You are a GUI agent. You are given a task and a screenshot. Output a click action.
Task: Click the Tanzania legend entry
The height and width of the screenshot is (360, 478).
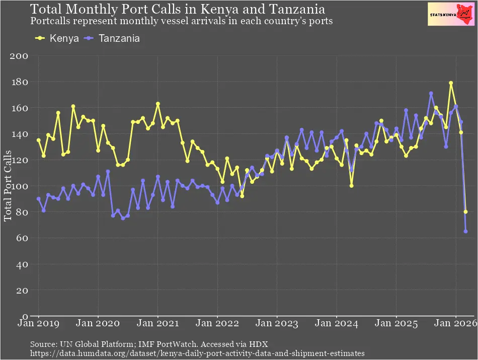pos(112,39)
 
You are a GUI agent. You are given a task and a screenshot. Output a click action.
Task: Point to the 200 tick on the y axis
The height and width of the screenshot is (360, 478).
pos(19,56)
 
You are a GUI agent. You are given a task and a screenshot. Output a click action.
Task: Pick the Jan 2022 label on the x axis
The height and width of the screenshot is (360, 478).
pos(217,325)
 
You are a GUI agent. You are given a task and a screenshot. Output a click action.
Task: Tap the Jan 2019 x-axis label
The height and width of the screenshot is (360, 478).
pos(39,325)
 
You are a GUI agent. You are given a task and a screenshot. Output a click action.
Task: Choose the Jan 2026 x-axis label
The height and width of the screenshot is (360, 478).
pos(456,325)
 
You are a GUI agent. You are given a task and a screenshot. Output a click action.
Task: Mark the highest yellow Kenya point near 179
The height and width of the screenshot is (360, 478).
pos(451,83)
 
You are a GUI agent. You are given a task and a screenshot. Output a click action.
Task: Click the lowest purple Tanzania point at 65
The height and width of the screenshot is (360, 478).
pos(465,232)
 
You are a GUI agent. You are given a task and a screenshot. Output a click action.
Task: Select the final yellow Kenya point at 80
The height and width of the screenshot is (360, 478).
pos(465,212)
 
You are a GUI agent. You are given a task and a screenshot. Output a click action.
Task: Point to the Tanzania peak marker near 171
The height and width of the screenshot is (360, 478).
pos(431,93)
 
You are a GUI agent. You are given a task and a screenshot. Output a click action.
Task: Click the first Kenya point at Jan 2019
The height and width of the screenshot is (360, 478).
pos(39,140)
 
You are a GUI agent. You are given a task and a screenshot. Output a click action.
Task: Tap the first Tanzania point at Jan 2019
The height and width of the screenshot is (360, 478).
pos(39,199)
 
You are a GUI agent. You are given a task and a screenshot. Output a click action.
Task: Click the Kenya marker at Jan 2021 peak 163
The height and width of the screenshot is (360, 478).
pos(158,104)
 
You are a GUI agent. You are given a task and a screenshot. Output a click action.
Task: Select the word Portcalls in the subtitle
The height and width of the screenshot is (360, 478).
pos(51,22)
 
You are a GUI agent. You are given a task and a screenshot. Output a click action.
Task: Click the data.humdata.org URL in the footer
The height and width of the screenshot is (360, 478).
pos(197,353)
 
